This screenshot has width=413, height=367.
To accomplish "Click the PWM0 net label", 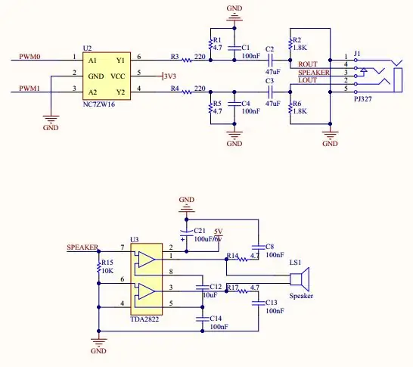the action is click(x=29, y=57).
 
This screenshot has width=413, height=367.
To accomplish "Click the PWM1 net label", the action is click(x=29, y=89).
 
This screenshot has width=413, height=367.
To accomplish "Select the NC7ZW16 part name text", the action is click(x=99, y=104).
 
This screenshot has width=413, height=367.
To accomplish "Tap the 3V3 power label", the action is click(x=170, y=76).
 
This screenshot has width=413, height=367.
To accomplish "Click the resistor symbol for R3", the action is click(x=187, y=61).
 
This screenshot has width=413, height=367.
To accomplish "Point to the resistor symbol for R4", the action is click(x=187, y=92).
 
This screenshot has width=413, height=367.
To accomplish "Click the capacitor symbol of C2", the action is click(x=270, y=61).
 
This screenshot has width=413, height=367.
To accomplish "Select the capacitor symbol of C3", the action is click(x=270, y=92).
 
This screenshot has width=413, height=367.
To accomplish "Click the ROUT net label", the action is click(x=308, y=64).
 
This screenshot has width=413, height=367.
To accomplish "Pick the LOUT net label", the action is click(x=307, y=80).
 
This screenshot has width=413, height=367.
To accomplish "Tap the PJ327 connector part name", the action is click(x=362, y=99).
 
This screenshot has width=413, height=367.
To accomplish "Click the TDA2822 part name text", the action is click(x=144, y=319).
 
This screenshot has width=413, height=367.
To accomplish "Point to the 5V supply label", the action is click(x=219, y=232).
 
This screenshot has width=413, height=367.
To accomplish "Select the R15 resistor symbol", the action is click(x=99, y=267).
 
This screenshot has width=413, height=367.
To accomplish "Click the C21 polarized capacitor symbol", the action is click(x=187, y=234).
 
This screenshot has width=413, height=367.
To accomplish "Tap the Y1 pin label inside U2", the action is click(x=120, y=61).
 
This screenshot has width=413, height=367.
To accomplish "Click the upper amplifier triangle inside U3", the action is click(x=147, y=260).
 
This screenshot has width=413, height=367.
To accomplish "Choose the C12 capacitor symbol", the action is click(x=202, y=288).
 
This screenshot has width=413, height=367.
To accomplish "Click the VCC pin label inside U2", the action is click(x=117, y=76).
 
